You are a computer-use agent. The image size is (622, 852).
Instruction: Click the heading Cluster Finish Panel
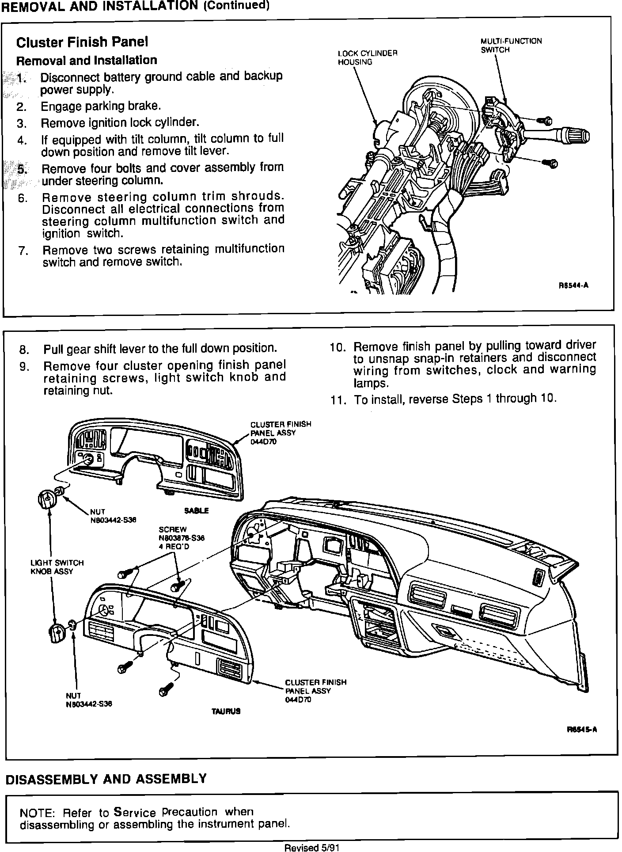(x=82, y=42)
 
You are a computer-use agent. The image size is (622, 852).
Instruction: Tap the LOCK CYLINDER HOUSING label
(x=368, y=57)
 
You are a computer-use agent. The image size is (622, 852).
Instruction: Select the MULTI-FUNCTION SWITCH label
(x=511, y=46)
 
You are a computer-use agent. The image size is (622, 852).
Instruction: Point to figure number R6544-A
(x=573, y=285)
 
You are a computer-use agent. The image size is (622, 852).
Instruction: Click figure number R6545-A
(x=582, y=730)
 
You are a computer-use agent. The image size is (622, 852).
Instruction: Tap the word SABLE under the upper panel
(x=196, y=511)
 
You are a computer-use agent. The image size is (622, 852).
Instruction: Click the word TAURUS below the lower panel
(x=226, y=711)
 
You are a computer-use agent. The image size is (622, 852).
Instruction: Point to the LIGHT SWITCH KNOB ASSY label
(x=57, y=567)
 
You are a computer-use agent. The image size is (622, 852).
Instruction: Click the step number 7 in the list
(x=23, y=251)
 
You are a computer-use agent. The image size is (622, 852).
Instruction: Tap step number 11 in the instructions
(x=337, y=400)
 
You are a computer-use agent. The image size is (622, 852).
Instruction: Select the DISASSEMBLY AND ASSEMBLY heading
(x=106, y=779)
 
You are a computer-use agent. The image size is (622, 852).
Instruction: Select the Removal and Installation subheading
(x=86, y=60)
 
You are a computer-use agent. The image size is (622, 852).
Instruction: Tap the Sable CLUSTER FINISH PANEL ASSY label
(x=281, y=433)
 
